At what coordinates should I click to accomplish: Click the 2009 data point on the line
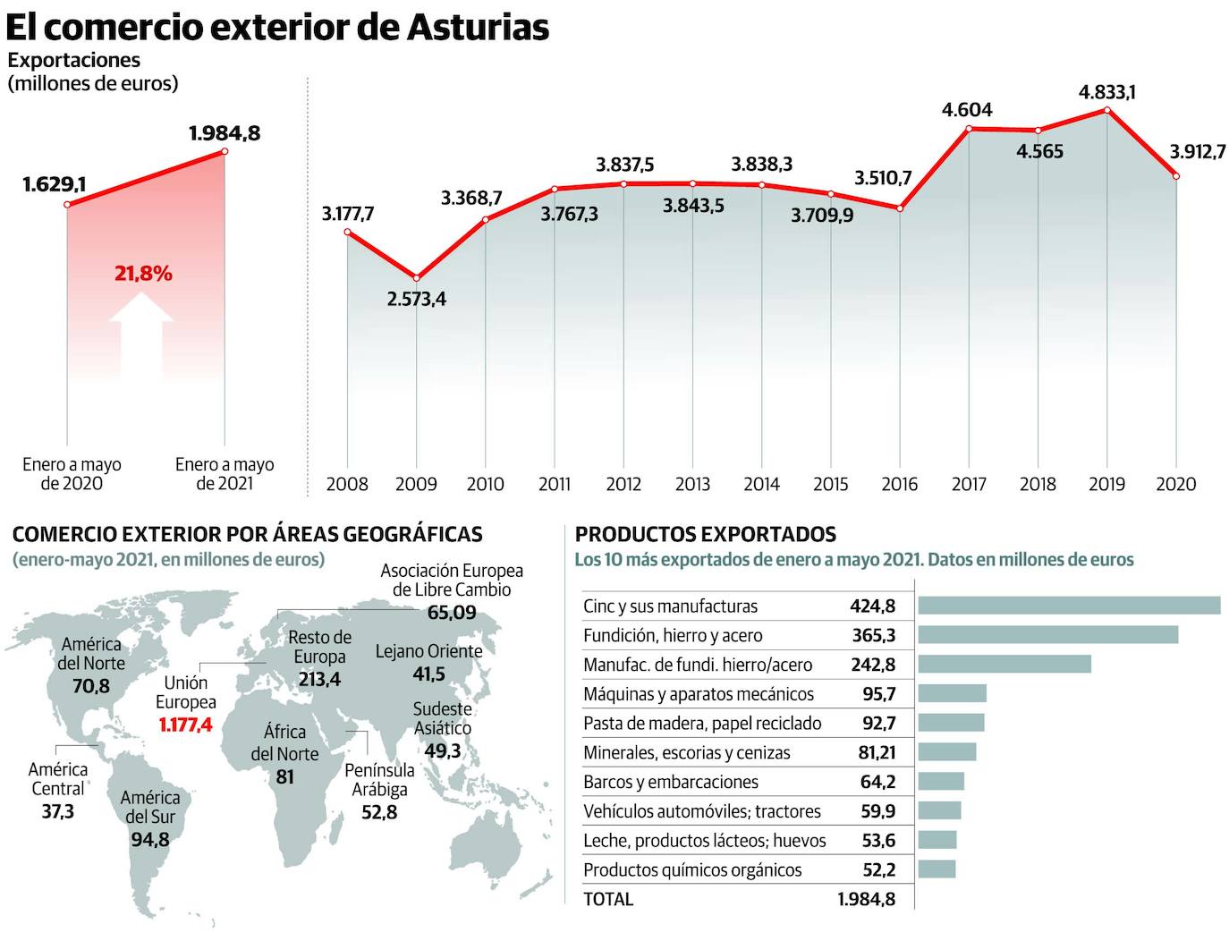point(416,277)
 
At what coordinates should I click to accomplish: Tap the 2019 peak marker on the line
point(1107,110)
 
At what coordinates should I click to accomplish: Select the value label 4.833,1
point(1107,91)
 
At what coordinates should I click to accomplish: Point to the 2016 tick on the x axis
point(899,484)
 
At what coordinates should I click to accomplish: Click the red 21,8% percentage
point(143,274)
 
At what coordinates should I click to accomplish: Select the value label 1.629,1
point(55,185)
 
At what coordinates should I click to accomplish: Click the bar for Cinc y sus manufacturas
point(1069,606)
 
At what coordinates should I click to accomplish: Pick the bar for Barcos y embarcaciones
point(941,782)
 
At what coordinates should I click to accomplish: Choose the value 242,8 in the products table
point(872,665)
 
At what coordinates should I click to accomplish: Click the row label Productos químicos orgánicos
point(692,869)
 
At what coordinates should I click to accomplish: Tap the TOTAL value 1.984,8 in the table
point(866,899)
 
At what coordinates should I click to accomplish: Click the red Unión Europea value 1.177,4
point(186,725)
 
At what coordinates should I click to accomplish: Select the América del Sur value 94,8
point(149,839)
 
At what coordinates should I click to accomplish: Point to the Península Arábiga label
point(379,780)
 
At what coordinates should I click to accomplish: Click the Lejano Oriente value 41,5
point(428,674)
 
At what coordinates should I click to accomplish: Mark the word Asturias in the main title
point(478,27)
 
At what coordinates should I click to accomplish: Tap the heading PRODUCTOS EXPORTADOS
point(706,535)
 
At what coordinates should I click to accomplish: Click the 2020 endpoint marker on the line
point(1176,176)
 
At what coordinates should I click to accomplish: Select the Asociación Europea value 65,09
point(452,613)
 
